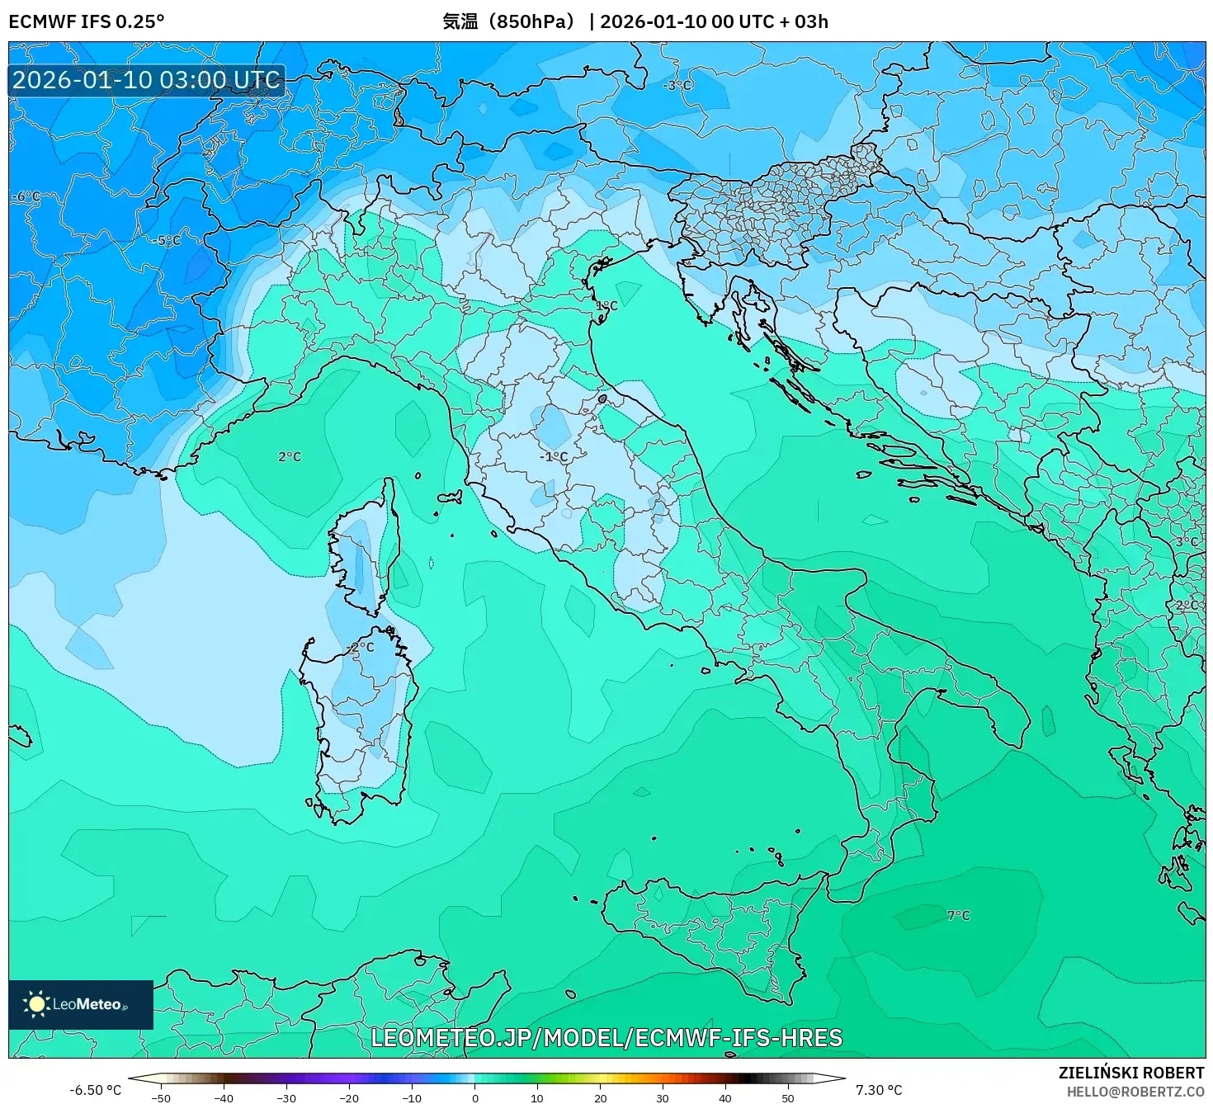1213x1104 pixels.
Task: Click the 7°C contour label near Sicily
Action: click(x=958, y=915)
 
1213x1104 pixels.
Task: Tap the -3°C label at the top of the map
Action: click(x=678, y=85)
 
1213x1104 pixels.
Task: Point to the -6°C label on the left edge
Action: click(x=26, y=196)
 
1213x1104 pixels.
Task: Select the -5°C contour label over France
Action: click(x=168, y=240)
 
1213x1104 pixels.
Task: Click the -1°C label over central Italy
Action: click(x=554, y=456)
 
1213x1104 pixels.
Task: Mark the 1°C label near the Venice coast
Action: click(x=606, y=306)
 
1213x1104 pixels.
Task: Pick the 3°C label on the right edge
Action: click(x=1187, y=542)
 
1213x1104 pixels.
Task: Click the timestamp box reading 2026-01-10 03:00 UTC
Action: click(x=147, y=80)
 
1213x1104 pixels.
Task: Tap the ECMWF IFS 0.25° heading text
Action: click(x=87, y=21)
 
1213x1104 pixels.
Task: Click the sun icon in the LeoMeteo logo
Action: click(x=36, y=1004)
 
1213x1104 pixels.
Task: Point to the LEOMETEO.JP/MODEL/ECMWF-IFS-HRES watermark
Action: click(x=606, y=1037)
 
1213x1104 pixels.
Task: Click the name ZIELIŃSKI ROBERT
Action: click(x=1130, y=1073)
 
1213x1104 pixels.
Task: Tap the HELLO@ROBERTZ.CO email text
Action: click(x=1135, y=1091)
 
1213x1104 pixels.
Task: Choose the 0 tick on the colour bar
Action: click(x=474, y=1097)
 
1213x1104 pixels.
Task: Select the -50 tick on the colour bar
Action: click(x=161, y=1097)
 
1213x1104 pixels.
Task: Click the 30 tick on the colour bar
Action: click(x=663, y=1097)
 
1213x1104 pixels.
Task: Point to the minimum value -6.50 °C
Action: click(x=95, y=1090)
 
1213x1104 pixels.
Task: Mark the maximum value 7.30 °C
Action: click(x=879, y=1090)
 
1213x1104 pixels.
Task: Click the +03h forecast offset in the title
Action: click(x=810, y=21)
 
